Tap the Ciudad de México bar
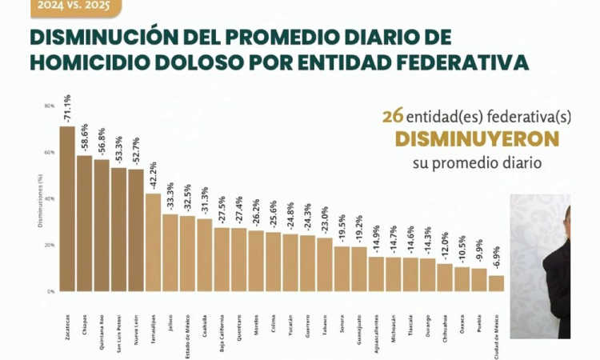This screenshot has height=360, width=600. click(496, 283)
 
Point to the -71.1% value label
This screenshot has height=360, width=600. click(67, 109)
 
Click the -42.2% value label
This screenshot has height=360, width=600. click(153, 176)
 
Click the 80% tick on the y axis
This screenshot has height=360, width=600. click(50, 106)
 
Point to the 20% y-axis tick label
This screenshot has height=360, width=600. click(50, 245)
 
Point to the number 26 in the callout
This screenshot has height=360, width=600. click(392, 116)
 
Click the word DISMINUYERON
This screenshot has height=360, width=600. click(477, 139)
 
